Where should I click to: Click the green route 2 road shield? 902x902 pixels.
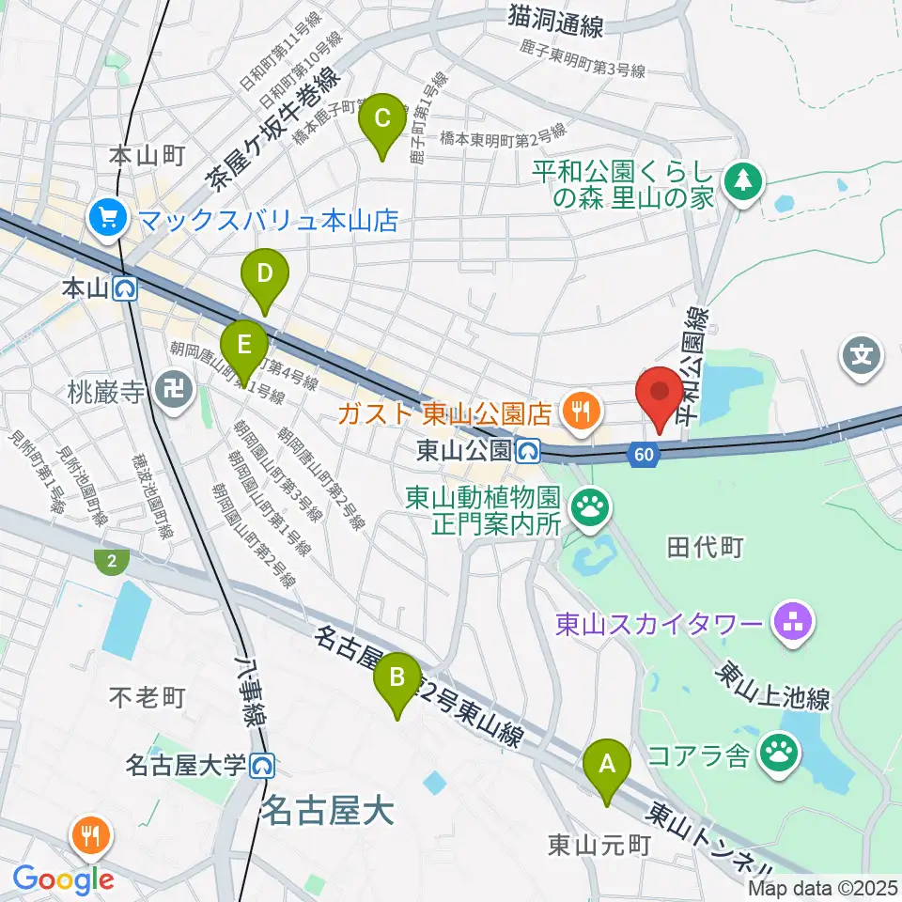tap(111, 563)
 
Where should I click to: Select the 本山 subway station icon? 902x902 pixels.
tap(126, 288)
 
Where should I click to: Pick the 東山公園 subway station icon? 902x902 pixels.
tap(529, 451)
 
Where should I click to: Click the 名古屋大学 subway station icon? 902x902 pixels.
tap(263, 767)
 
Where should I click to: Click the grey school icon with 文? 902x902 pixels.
tap(863, 356)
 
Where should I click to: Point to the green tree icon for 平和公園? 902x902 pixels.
tap(743, 179)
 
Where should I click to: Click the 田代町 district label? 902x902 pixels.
tap(705, 547)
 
